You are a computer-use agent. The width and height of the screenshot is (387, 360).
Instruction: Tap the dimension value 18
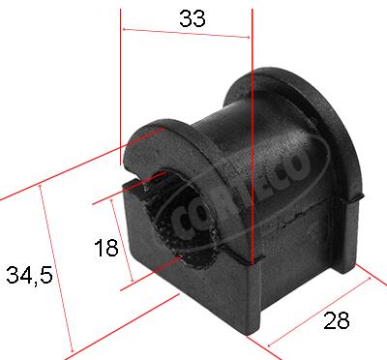(106, 248)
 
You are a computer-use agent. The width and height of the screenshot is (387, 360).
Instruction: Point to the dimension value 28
(337, 321)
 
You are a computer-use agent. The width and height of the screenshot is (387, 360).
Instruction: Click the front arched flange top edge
(160, 128)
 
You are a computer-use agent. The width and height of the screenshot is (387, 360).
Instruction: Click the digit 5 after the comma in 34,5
(45, 276)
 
